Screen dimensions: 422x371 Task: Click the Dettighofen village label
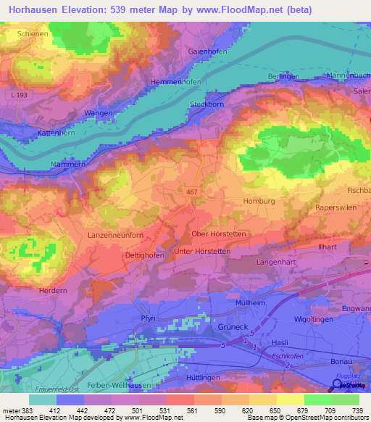click(141, 255)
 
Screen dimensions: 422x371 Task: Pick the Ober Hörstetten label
click(219, 234)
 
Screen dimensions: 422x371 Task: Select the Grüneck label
click(234, 327)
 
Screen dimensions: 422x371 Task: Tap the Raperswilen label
click(338, 207)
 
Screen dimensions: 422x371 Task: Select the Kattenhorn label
click(43, 136)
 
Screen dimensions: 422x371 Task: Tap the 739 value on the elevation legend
click(355, 410)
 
